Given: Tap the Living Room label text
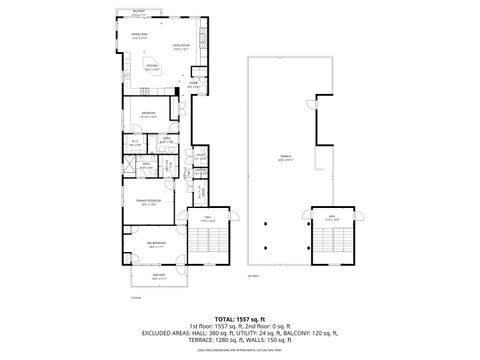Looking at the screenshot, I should click(x=180, y=46).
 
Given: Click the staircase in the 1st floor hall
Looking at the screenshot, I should click(x=209, y=244).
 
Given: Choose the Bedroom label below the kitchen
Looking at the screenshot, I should click(x=148, y=114).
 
